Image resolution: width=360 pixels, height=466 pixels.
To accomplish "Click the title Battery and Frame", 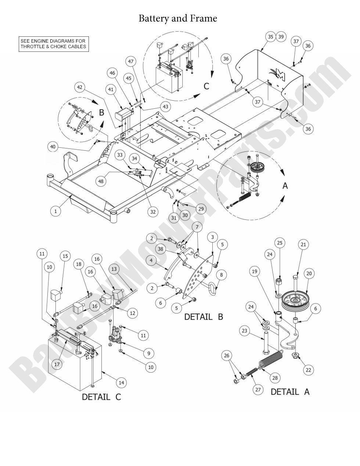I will tap(178, 18).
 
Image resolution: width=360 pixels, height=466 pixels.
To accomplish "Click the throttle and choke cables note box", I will tap(54, 44).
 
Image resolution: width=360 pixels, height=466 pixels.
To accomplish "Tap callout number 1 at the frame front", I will tap(55, 211).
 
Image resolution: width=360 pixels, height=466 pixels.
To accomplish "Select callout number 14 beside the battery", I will tap(121, 383).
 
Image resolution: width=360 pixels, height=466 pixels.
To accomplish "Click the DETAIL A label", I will tap(290, 392).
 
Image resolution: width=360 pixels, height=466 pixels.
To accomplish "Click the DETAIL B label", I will tap(204, 316).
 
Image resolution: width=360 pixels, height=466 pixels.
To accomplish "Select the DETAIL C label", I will tap(101, 397).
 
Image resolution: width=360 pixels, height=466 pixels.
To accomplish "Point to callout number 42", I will tap(80, 87).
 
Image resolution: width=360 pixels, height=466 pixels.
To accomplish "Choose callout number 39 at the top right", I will tap(281, 36).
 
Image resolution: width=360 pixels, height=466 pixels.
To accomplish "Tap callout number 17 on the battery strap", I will tap(57, 364).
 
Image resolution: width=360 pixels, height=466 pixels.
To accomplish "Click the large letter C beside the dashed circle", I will tap(206, 86).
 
